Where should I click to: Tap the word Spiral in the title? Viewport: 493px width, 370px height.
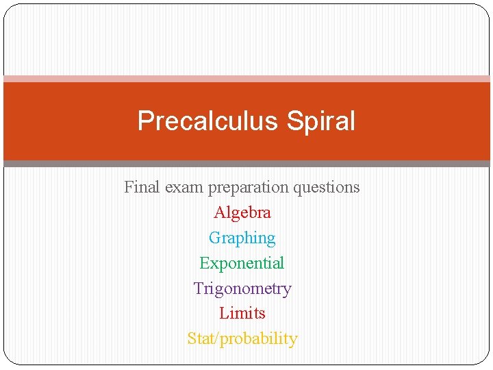[321, 121]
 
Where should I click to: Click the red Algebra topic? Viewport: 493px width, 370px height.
[242, 212]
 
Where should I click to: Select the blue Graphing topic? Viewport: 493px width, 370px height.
[242, 238]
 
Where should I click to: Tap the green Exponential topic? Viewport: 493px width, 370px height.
[242, 263]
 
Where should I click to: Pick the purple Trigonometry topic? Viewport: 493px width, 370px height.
[242, 289]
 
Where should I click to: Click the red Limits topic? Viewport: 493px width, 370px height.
[242, 313]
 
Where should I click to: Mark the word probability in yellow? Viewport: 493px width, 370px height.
[260, 339]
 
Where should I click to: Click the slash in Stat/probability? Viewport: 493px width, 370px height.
[218, 338]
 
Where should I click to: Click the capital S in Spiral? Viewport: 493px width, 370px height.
[294, 121]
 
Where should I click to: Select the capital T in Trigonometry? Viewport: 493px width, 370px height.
[199, 288]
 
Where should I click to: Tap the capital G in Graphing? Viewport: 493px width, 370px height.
[215, 238]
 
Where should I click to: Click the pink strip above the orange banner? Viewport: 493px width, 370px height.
[246, 79]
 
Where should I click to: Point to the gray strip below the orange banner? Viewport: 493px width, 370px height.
[246, 164]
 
